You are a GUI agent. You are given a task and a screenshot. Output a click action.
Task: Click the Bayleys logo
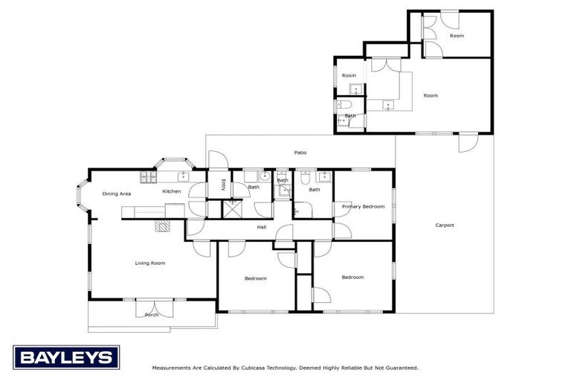coord(66,357)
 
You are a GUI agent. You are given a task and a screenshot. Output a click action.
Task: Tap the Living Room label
coord(149,263)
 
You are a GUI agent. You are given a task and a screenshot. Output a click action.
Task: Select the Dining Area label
coord(117,193)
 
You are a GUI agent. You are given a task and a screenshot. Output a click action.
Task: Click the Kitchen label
coord(172,191)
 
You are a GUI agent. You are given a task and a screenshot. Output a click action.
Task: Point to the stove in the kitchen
coord(147,176)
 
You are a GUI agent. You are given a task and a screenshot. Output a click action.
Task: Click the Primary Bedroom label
coord(364,206)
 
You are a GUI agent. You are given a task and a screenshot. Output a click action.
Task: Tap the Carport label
coord(444,225)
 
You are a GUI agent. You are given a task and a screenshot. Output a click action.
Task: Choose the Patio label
coord(300,153)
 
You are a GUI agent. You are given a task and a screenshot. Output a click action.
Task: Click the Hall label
coord(262,227)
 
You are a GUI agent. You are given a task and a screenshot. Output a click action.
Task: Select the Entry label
coord(223,185)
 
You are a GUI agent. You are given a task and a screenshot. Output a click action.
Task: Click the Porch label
coord(152,314)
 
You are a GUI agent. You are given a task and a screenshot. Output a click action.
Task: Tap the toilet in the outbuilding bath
coord(343,104)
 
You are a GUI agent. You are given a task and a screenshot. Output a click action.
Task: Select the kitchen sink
coord(183,176)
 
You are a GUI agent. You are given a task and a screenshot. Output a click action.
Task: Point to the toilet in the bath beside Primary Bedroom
coord(306,178)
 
